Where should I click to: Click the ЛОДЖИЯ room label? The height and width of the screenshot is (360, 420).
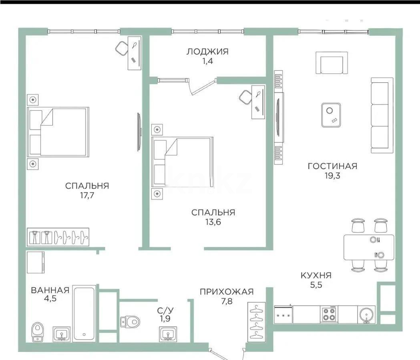pos(207,51)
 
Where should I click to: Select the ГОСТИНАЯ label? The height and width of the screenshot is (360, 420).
pos(332,166)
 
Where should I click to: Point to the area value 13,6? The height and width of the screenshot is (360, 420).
pos(213,222)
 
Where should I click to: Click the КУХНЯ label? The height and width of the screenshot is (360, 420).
pos(316,275)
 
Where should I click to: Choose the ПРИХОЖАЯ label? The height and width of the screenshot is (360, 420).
pos(227,292)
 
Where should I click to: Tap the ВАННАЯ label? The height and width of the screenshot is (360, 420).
pos(50,290)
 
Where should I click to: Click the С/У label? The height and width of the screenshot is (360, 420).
pos(165,310)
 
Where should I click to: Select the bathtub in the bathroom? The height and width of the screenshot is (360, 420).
pos(84,313)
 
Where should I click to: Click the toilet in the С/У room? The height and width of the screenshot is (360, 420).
pos(131,321)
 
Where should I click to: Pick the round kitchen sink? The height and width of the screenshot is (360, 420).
pos(366,314)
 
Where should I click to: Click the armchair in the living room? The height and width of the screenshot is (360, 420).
pos(332,63)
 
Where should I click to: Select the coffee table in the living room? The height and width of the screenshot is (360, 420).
pos(331,115)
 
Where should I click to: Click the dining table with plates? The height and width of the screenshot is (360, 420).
pos(368,247)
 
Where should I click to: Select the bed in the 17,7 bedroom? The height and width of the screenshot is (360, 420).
pos(58,132)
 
